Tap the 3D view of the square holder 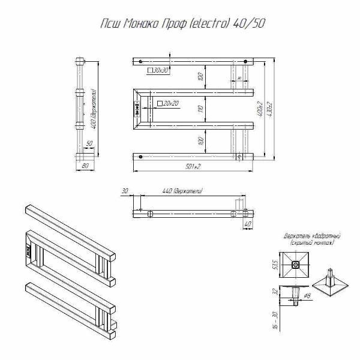[331, 285]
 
